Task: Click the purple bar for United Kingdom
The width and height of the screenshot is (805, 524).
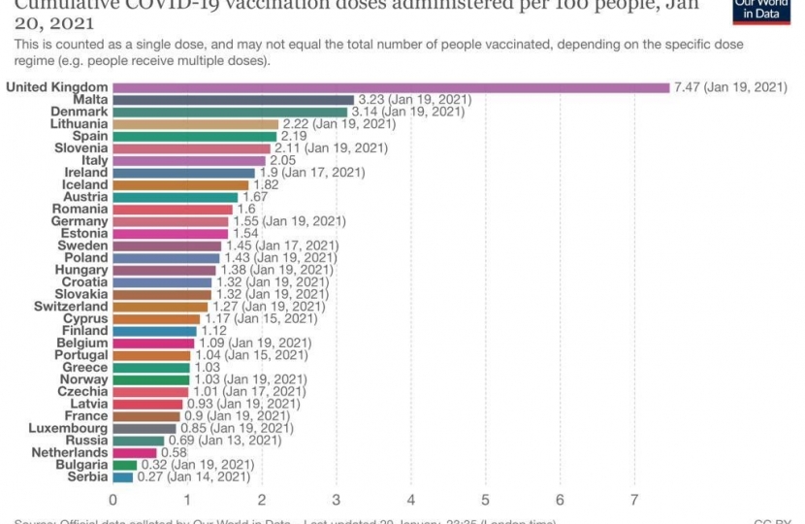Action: point(391,87)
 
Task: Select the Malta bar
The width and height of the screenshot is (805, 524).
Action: point(234,100)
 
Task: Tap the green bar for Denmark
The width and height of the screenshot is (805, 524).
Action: point(230,112)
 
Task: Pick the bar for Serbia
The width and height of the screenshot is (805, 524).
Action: point(123,476)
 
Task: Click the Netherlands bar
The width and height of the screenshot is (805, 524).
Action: point(135,452)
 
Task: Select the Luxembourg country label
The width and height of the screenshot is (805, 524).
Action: point(68,428)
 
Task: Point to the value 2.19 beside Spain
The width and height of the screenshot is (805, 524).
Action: point(294,136)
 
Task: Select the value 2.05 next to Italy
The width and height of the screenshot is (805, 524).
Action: point(283,160)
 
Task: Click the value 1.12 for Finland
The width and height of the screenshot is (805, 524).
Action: point(214,331)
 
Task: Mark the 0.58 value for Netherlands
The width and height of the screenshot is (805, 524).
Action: point(175,452)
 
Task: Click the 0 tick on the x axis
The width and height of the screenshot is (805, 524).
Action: point(113,500)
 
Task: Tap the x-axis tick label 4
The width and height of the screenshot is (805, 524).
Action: point(411,500)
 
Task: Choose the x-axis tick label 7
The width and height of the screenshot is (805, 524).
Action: point(634,500)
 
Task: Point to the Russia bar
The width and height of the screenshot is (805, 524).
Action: point(139,441)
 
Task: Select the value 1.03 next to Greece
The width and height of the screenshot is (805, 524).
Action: point(208,368)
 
